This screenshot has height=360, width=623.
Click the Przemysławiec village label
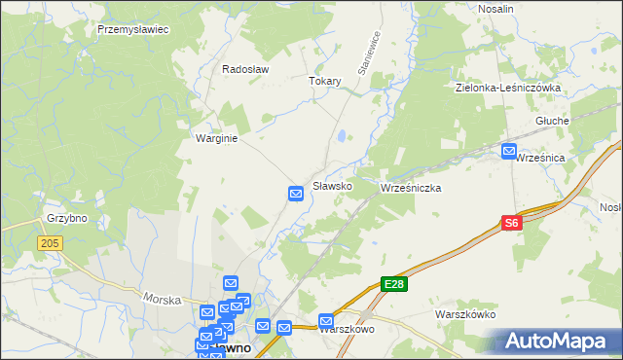(x=133, y=30)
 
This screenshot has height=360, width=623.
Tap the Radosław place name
(x=245, y=70)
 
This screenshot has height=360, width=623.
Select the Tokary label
(x=325, y=82)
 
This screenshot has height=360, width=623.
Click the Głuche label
(x=552, y=121)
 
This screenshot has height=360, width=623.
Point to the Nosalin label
(x=496, y=8)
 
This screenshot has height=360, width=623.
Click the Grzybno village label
(x=67, y=219)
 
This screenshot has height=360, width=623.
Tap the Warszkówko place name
(x=466, y=315)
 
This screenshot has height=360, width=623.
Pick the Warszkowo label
(x=348, y=330)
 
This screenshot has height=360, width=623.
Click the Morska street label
(x=163, y=299)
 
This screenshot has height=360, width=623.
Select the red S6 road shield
(x=513, y=224)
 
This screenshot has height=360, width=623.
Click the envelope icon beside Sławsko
(x=297, y=195)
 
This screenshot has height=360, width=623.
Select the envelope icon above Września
(x=509, y=151)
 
